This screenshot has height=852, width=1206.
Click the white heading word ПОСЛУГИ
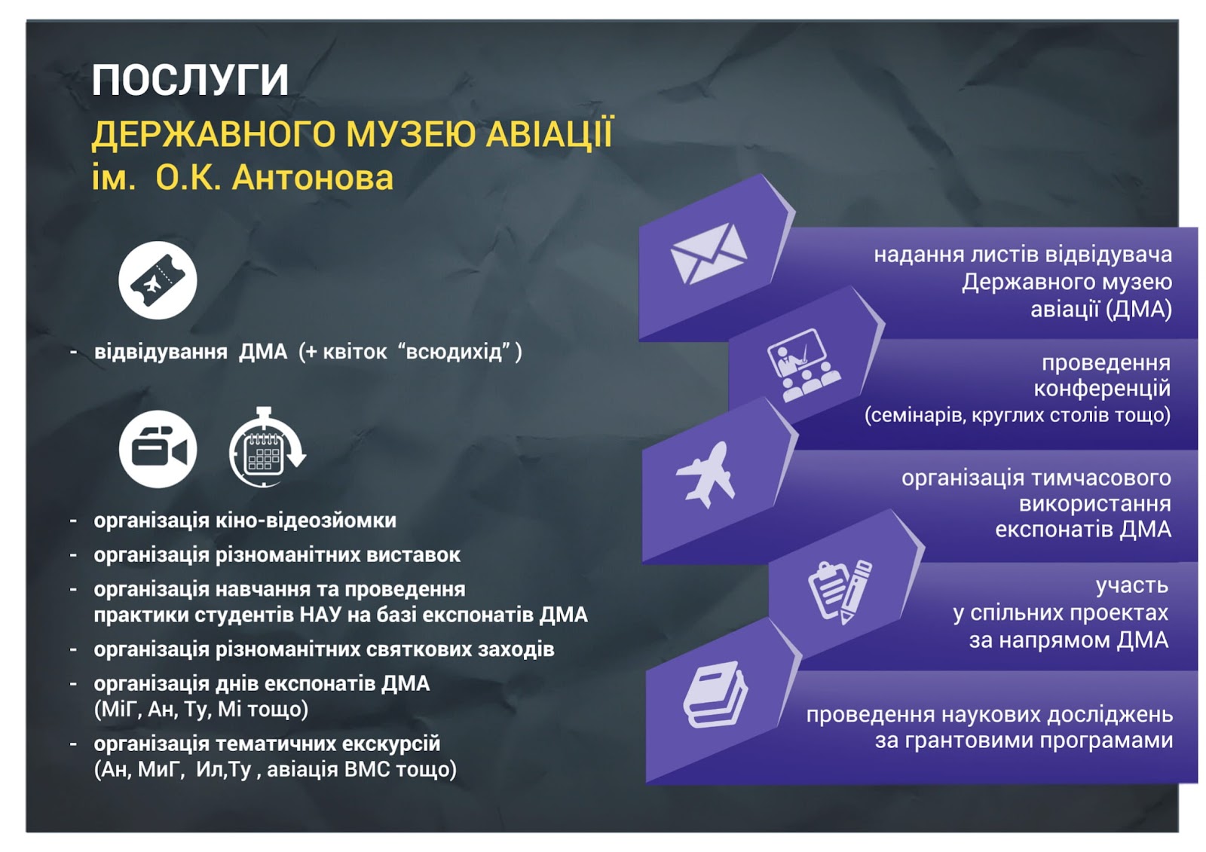pos(190,80)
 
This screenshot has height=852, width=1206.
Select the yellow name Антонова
pos(312,178)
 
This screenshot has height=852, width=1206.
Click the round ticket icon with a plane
pos(158,280)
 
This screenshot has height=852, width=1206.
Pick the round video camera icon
pos(158,449)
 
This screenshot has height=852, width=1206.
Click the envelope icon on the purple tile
pos(709,254)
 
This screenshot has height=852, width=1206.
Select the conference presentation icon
pos(803,365)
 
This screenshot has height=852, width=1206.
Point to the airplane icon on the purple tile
pos(706,475)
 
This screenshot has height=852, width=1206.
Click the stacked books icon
pos(715,695)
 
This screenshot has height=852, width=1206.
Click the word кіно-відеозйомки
pos(306,521)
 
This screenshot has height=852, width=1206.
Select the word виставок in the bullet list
pos(414,555)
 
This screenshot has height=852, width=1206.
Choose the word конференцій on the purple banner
pos(1101,389)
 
